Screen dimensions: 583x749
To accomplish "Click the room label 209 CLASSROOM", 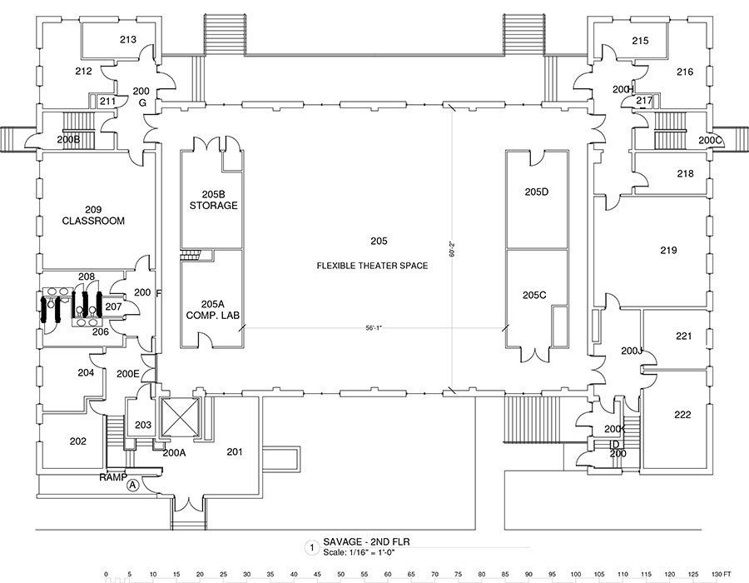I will (x=93, y=215).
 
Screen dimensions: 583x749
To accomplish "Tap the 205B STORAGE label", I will (x=213, y=199).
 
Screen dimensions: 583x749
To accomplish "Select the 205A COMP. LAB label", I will (x=212, y=310).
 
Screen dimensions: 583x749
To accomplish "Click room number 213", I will (x=127, y=39).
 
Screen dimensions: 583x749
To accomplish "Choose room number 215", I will (x=639, y=40).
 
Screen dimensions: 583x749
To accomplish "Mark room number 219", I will (x=668, y=250).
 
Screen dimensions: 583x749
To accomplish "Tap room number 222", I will (x=682, y=414).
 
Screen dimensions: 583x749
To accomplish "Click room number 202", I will (x=77, y=441).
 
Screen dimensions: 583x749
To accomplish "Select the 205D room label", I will (x=537, y=192).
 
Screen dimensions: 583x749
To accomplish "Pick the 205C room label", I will (x=534, y=295).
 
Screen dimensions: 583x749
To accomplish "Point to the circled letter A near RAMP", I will (x=131, y=489).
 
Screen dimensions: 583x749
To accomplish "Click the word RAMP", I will (x=112, y=478).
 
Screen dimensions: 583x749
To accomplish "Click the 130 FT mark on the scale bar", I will (x=722, y=575).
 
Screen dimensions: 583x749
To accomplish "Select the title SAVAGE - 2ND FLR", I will (x=372, y=541).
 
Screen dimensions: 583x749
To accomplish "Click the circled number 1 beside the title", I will (x=311, y=547).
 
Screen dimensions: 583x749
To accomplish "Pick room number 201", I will (x=234, y=451).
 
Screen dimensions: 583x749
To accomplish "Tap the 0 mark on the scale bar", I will (x=106, y=575).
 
